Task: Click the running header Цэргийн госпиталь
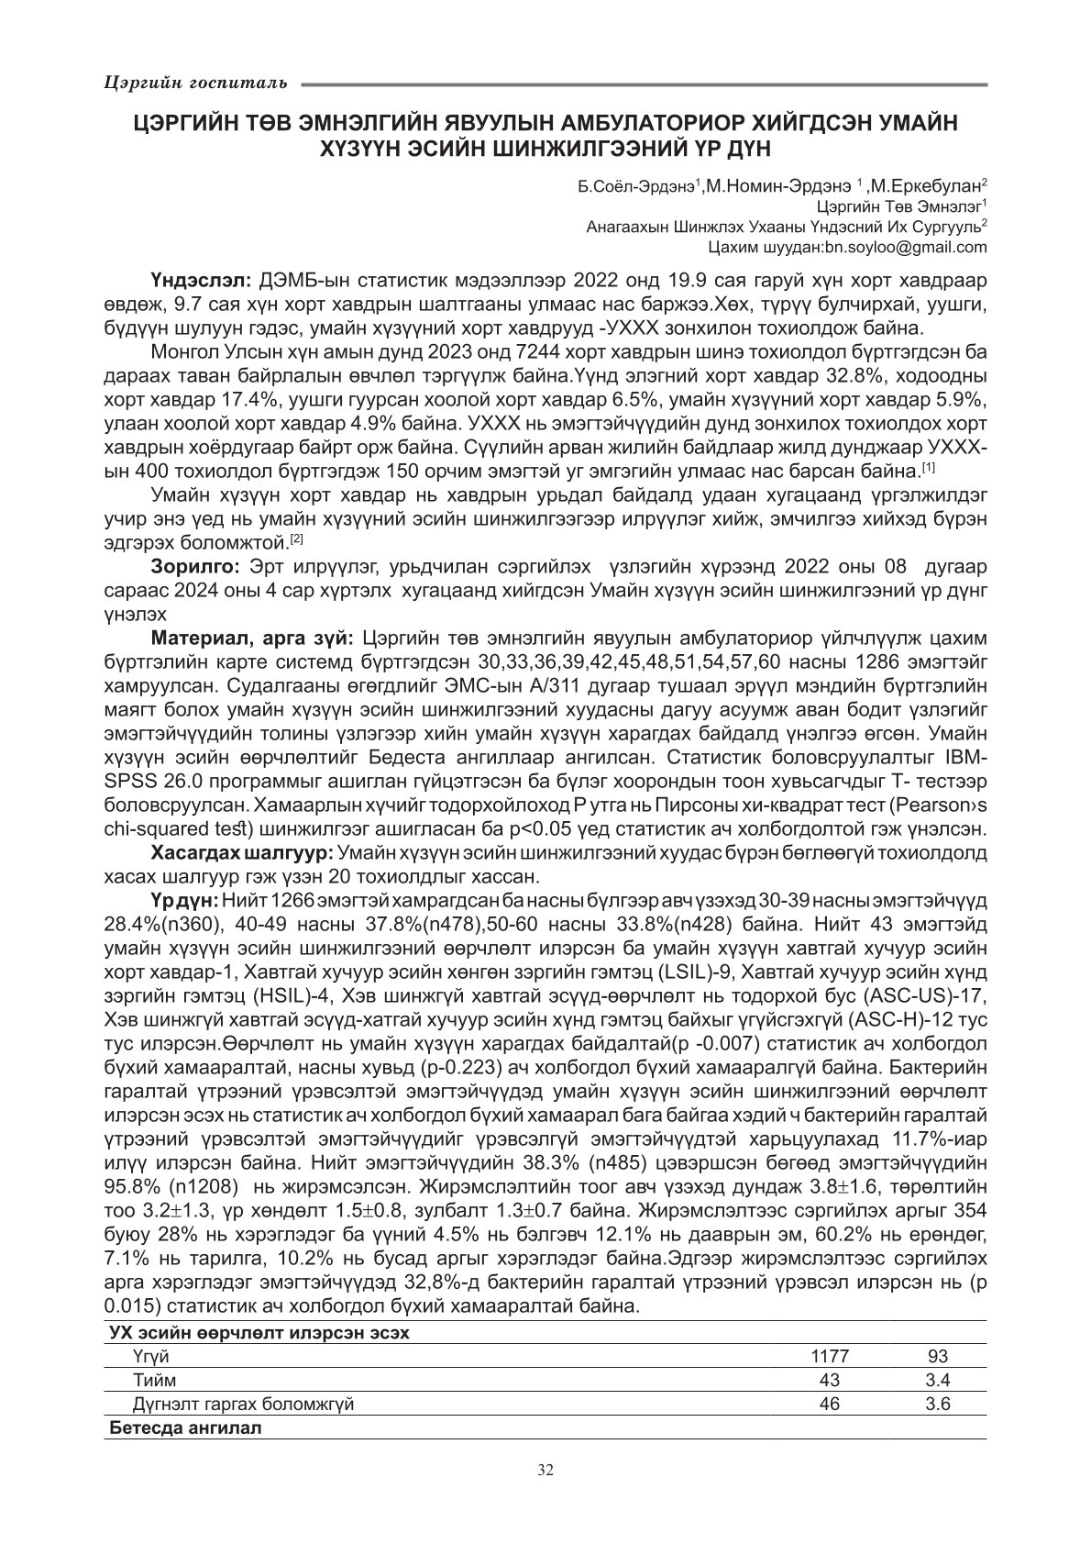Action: (194, 83)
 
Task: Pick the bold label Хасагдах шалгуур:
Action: (244, 853)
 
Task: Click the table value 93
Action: (937, 1356)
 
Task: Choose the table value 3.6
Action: (937, 1404)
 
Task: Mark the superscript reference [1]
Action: (928, 469)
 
